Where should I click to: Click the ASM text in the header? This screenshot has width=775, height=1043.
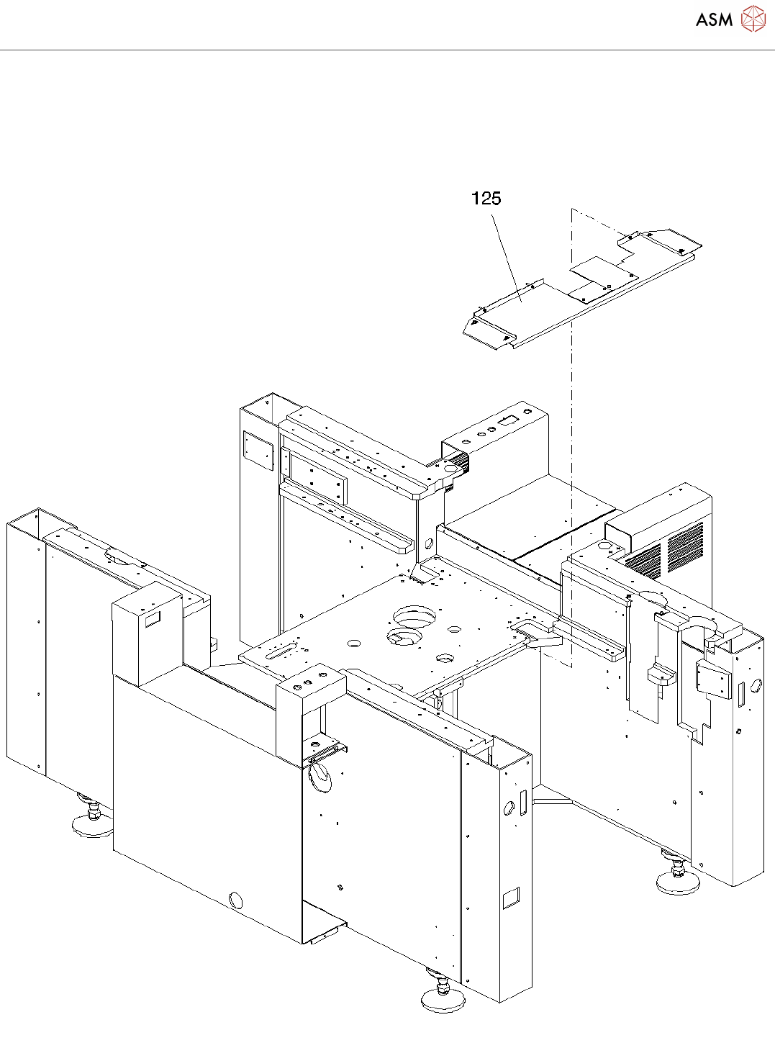point(714,20)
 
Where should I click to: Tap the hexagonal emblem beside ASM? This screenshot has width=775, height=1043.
point(753,19)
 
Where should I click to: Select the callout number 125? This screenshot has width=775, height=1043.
point(486,199)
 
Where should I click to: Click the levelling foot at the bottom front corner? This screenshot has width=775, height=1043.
point(442,998)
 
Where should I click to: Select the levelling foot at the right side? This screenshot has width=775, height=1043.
point(677,879)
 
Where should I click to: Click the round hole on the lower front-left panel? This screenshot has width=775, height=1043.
point(235,900)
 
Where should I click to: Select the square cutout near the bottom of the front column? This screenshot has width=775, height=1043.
point(510,898)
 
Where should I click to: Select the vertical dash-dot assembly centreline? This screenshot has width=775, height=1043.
point(571,432)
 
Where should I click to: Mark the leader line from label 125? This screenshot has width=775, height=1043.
point(506,252)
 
